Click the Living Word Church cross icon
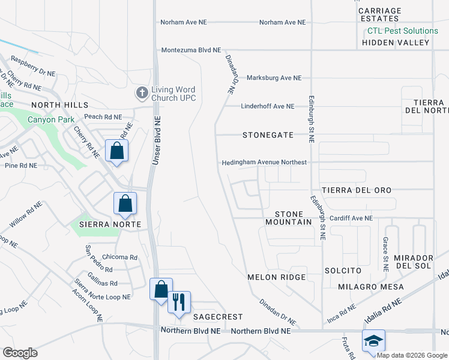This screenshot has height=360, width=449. tap(142, 93)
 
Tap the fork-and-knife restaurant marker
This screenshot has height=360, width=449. tap(178, 302)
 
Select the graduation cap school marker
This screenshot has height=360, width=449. tap(373, 341)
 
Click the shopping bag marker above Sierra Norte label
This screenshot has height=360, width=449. tap(125, 204)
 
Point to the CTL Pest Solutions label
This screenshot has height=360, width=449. tap(403, 31)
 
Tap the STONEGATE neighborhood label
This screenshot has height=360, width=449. tap(268, 135)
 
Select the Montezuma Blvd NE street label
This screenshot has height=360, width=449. tap(191, 50)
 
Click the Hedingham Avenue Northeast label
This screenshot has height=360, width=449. tap(264, 163)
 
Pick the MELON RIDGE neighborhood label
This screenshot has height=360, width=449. tap(277, 277)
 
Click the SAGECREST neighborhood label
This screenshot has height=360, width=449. tap(217, 316)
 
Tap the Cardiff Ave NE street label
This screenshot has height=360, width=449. tap(351, 218)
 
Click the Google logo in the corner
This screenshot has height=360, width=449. tap(20, 352)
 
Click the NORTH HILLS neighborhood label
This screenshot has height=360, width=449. tap(56, 104)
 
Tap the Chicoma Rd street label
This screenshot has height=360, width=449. tap(120, 257)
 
